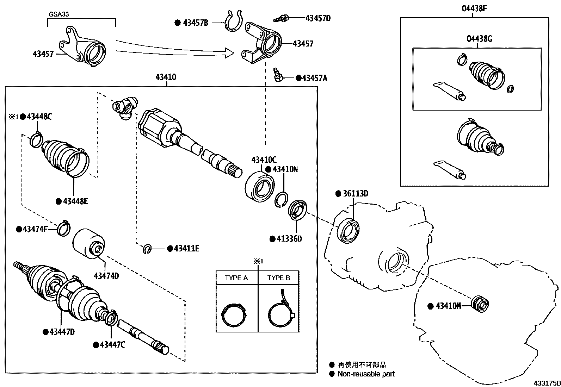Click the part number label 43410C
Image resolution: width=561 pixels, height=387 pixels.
point(264,160)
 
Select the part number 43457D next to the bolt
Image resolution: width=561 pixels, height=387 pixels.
point(318,18)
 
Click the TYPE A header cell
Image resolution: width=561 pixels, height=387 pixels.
point(236,278)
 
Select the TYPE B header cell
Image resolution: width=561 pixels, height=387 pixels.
point(279,278)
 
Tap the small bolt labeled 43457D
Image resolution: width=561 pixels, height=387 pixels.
point(281,18)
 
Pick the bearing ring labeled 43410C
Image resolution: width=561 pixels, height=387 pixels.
point(260,187)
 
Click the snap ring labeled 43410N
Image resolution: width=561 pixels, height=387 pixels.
point(282,200)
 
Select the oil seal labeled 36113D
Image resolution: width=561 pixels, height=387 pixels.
point(349,231)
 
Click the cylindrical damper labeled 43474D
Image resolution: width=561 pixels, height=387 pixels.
point(89,244)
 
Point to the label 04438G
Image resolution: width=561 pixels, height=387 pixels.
point(479,39)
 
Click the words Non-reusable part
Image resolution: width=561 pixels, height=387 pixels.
point(366,374)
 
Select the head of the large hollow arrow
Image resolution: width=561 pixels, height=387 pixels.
point(229,54)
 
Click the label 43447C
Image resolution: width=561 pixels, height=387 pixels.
point(112,345)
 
